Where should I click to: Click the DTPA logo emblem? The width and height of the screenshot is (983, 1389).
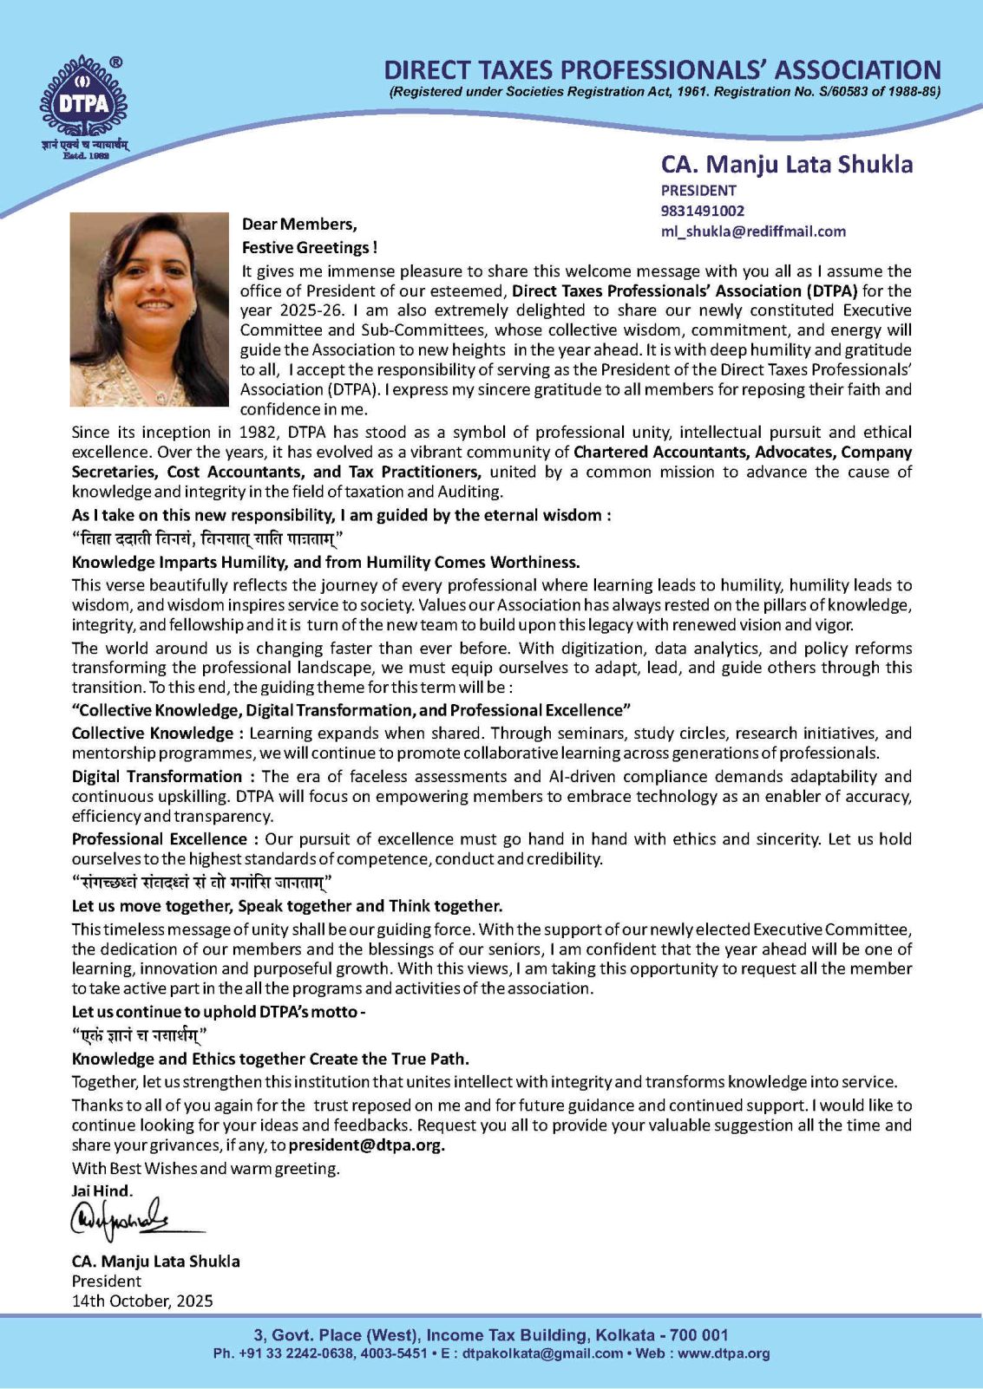coord(82,103)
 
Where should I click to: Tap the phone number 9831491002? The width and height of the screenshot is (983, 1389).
coord(702,211)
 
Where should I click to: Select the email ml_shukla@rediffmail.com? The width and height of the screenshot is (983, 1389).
coord(752,231)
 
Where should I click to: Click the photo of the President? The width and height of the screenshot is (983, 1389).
coord(149,310)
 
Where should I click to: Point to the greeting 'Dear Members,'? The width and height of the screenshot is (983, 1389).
coord(299,225)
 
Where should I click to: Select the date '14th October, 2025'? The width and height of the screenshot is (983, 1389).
coord(141,1301)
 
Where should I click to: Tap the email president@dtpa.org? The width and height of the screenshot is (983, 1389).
coord(366,1145)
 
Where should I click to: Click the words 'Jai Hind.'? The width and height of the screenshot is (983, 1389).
coord(102,1191)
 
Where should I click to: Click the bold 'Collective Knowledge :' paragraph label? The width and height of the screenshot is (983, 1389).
coord(157,734)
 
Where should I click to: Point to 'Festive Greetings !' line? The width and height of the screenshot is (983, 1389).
coord(309,248)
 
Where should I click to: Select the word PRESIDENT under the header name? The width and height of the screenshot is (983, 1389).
coord(698,191)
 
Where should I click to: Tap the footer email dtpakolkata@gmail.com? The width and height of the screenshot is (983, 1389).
coord(542,1353)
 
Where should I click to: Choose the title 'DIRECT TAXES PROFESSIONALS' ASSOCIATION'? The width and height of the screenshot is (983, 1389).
coord(662,70)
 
